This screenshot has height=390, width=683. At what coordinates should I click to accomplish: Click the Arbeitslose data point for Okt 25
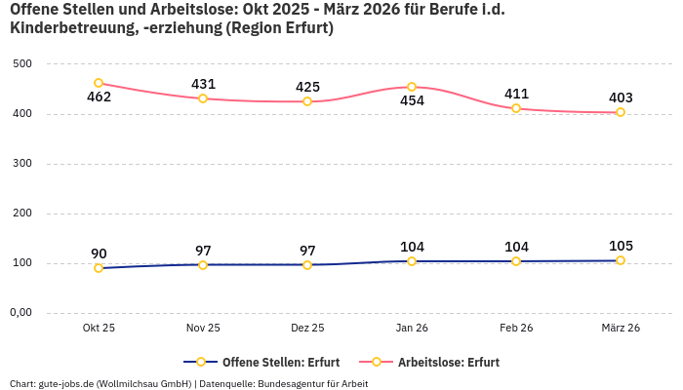pos(99,83)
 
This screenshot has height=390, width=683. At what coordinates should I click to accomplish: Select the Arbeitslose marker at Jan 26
pos(412,87)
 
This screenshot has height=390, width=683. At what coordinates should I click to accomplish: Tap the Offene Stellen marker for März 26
pos(621,260)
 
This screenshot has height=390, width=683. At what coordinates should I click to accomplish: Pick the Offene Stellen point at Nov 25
pos(203,264)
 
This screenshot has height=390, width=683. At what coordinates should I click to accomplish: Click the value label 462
pos(99,97)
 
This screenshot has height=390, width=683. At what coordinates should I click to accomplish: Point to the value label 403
pos(621,97)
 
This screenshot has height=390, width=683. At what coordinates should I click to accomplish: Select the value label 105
pos(621,246)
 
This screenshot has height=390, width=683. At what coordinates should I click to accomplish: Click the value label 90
pos(99,253)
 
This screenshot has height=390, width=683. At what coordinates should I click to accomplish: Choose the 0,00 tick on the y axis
pos(21,313)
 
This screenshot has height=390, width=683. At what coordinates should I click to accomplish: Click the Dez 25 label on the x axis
pos(307,329)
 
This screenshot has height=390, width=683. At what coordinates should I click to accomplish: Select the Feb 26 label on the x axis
pos(516,329)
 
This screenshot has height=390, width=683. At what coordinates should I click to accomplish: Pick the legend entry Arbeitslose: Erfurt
pos(448,362)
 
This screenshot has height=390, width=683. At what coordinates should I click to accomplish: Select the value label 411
pos(516,94)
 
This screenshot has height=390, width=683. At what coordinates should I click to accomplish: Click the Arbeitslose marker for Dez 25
pos(307,101)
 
